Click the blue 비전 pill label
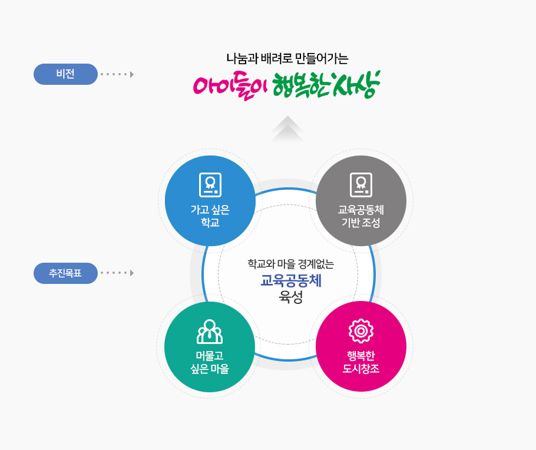tap(65, 74)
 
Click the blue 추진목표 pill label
tap(65, 273)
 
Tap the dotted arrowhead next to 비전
tap(132, 74)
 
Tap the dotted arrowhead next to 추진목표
tap(132, 273)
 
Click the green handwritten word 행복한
tap(301, 84)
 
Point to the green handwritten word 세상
tap(356, 84)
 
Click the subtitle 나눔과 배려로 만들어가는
tap(287, 59)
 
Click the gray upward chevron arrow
tap(287, 128)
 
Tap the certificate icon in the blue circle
tap(210, 185)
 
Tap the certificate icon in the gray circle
tap(361, 185)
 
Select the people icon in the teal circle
tap(210, 332)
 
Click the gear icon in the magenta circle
tap(361, 330)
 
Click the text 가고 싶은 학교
tap(210, 216)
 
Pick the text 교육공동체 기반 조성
tap(361, 216)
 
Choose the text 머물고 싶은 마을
tap(210, 362)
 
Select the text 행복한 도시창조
tap(361, 362)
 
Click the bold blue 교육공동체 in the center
tap(291, 281)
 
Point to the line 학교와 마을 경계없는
tap(291, 264)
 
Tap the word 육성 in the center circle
tap(291, 297)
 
